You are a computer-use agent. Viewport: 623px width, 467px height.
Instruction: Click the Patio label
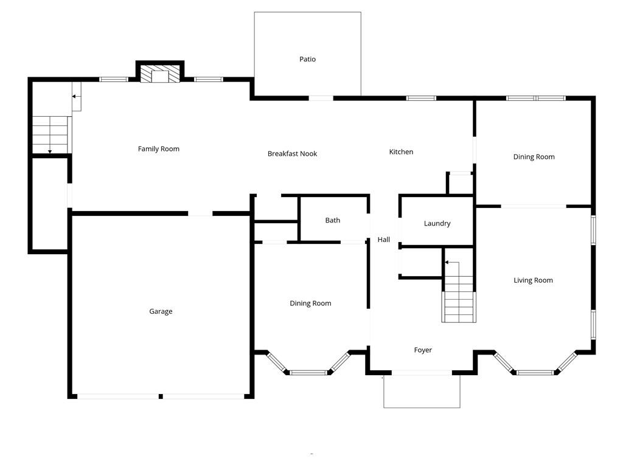(x=307, y=59)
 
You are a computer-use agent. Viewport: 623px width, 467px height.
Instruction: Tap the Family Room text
(x=158, y=149)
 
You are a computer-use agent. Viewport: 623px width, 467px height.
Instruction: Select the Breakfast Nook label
(x=292, y=154)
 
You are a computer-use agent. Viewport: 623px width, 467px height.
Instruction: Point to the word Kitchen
(x=401, y=152)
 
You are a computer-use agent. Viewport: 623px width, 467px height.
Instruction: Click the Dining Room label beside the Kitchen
(x=534, y=157)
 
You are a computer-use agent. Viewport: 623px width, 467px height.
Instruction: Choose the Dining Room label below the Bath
(x=310, y=303)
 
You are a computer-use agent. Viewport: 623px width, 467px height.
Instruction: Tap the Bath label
(x=332, y=220)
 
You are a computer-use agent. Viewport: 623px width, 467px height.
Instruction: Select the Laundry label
(x=437, y=224)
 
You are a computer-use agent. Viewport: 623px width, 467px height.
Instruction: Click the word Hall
(x=383, y=240)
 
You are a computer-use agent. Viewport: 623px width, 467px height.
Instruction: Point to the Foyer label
(x=423, y=350)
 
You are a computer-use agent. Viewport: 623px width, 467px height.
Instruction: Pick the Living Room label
(x=533, y=280)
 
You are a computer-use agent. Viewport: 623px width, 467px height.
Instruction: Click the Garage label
(x=161, y=311)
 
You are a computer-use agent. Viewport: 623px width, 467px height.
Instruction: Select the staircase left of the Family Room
(x=50, y=134)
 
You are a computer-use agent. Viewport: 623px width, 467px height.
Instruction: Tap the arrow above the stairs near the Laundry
(x=451, y=263)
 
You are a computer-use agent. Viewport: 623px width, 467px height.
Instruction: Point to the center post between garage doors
(x=161, y=396)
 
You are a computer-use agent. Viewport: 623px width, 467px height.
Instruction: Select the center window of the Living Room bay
(x=535, y=372)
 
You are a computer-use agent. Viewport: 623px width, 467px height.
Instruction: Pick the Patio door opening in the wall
(x=321, y=98)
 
